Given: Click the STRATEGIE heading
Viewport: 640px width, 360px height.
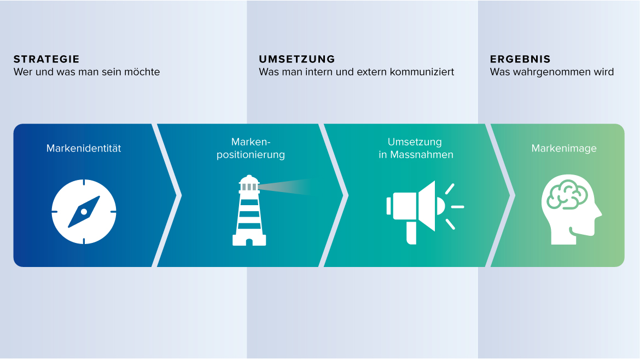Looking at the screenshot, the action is pos(46,59).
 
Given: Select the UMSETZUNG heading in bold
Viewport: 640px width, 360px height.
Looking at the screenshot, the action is pos(296,59).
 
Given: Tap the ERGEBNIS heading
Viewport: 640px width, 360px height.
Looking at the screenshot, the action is pos(520,59).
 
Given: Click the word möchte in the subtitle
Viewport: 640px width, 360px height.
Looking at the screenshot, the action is pos(142,72).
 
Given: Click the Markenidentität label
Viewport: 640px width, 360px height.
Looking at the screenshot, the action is pos(84,148).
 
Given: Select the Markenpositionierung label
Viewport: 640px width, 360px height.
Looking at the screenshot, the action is pos(251,148).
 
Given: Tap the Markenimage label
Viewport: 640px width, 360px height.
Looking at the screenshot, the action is pos(563,148).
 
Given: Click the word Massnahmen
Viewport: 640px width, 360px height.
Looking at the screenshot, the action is pos(422,155).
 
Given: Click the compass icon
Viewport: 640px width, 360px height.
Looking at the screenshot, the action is pos(84,211).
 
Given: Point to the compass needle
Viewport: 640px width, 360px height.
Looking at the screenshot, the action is pos(84,211).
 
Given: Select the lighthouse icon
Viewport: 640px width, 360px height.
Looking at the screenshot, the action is pos(249,210).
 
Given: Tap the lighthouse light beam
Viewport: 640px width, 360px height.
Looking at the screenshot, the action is pos(284,187).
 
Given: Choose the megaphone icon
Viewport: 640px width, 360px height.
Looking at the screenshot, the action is pos(425,212).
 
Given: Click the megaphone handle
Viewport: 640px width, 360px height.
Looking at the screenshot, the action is pos(411,233).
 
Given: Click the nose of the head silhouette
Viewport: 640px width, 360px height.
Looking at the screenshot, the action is pos(599,214).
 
